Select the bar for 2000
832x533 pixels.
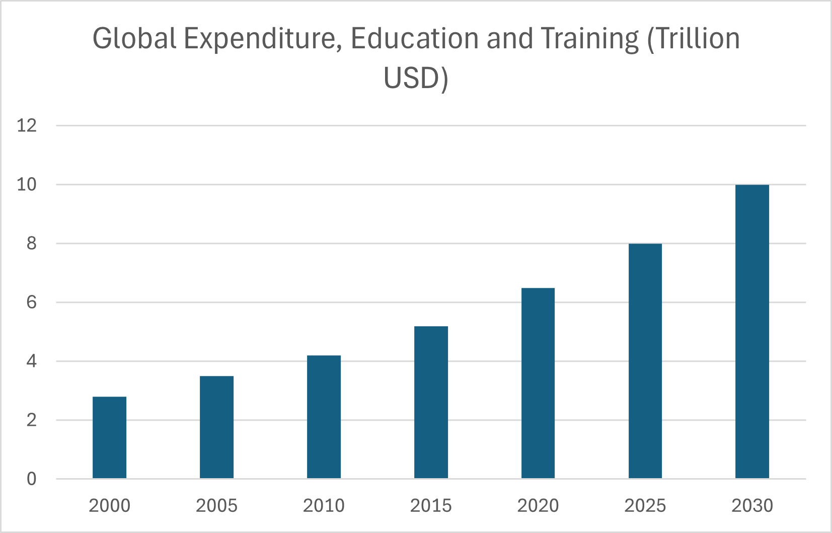(x=109, y=437)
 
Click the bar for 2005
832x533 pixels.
(x=216, y=427)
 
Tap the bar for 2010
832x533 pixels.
(x=324, y=417)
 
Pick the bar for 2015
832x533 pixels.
(x=431, y=402)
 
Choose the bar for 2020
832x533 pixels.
(x=538, y=383)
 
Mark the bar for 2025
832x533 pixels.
(x=645, y=361)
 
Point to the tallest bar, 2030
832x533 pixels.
(x=752, y=332)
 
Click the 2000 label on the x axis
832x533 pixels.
(x=109, y=505)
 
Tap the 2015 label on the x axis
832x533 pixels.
(x=431, y=505)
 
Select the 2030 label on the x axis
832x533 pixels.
(x=752, y=505)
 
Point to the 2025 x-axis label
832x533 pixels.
(x=645, y=505)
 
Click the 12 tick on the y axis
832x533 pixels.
(x=27, y=125)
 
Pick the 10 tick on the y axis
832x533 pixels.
(x=27, y=185)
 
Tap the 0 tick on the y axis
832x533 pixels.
(x=32, y=479)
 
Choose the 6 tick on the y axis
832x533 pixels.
(x=32, y=302)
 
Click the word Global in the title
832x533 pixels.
(x=134, y=38)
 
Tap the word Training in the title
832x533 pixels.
(x=589, y=39)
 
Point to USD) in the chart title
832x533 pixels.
(x=416, y=78)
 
